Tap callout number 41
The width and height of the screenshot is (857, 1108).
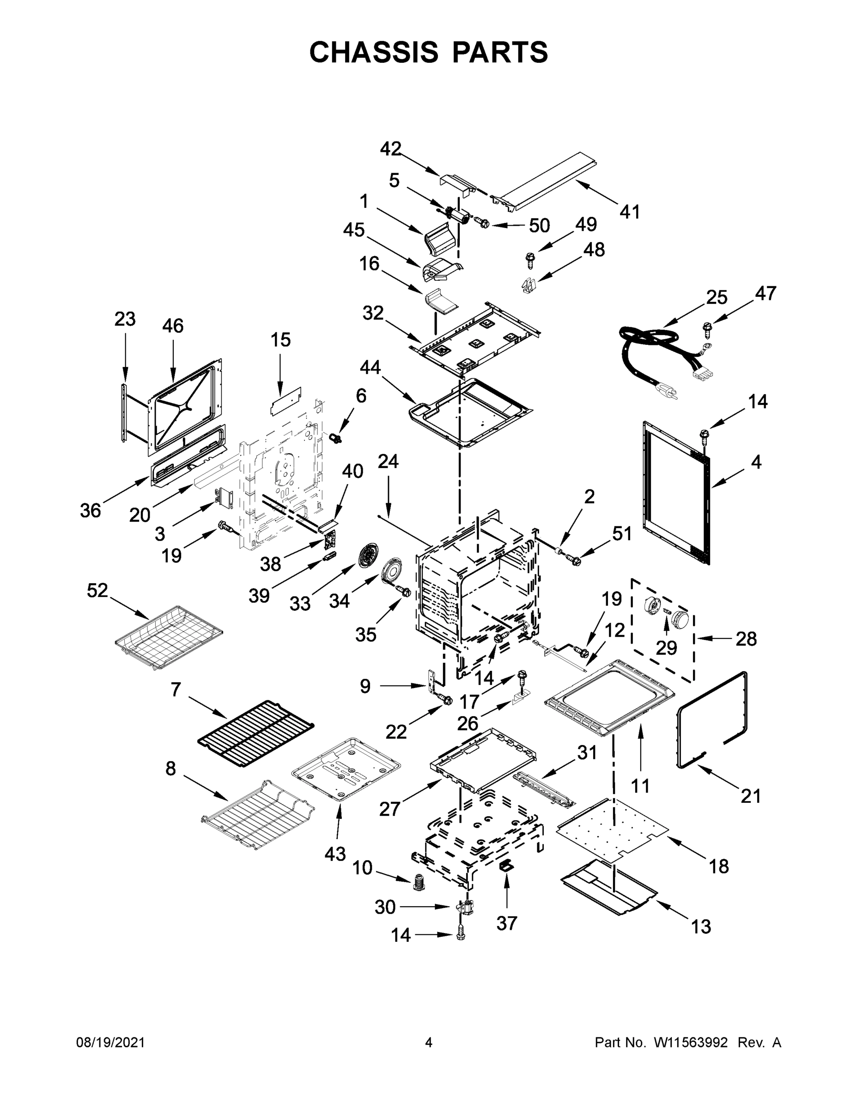pyautogui.click(x=630, y=211)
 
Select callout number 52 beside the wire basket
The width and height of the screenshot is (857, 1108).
pyautogui.click(x=97, y=590)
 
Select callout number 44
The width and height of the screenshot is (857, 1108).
pyautogui.click(x=370, y=367)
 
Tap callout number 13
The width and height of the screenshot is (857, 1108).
pyautogui.click(x=701, y=927)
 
